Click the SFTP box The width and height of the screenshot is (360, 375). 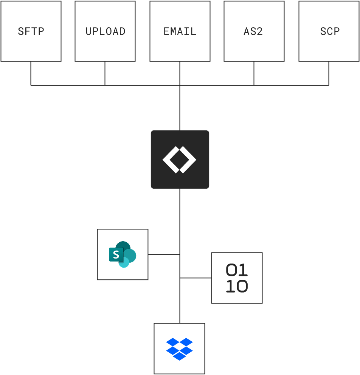coord(31,31)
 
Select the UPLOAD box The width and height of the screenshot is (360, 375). coord(105,31)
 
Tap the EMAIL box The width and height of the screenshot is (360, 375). coord(180,31)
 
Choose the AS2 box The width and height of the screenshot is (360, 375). coord(254,31)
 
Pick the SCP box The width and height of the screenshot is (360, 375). coord(329,31)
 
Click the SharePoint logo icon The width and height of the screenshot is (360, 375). coord(123,254)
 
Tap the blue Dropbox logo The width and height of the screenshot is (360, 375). coord(179,349)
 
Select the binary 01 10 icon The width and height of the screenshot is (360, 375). coord(237,278)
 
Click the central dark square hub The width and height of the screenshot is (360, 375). coord(180,159)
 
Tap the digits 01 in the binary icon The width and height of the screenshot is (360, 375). coord(237,270)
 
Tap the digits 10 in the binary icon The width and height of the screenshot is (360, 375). coord(237,287)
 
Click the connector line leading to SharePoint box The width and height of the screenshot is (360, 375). coord(163,254)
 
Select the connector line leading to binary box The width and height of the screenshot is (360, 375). coord(196,278)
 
